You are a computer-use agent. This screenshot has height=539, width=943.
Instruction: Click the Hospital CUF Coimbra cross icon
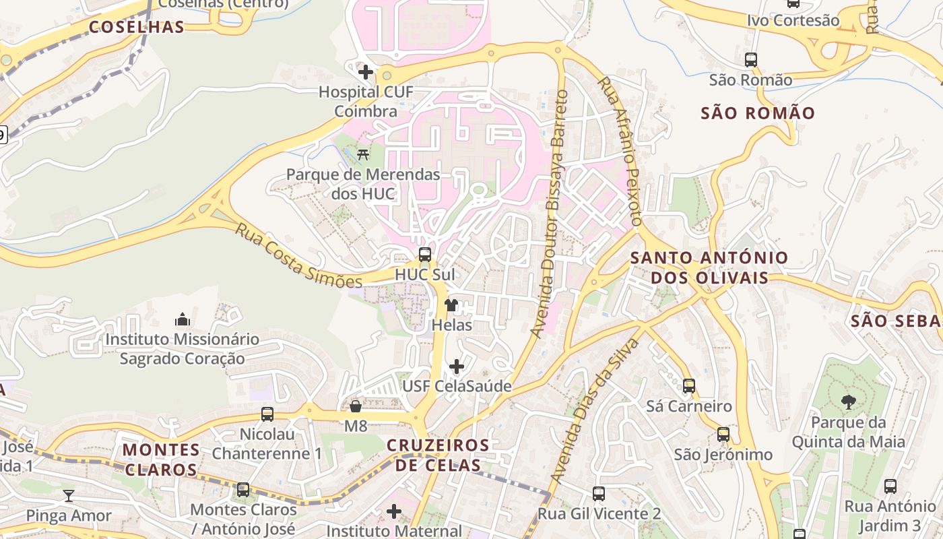tap(366, 71)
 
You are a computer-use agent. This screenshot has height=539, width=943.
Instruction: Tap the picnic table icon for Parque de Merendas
tap(363, 154)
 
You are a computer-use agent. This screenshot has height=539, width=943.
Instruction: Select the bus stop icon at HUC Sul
tap(424, 255)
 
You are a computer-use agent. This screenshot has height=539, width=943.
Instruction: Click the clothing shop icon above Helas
tap(451, 305)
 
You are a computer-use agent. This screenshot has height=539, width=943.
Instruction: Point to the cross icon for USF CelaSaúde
tap(457, 367)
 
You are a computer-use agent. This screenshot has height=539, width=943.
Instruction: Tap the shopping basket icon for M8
tap(356, 406)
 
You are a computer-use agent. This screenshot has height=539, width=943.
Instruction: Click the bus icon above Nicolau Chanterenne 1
tap(267, 414)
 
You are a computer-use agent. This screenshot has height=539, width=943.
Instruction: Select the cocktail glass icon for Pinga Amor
tap(69, 496)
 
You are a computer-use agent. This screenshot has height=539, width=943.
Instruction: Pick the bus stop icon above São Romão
tap(751, 60)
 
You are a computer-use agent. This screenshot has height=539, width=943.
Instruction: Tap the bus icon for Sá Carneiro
tap(689, 386)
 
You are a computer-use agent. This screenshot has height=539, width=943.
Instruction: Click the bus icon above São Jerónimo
tap(723, 435)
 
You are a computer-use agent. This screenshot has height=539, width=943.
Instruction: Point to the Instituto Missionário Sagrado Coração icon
tap(182, 319)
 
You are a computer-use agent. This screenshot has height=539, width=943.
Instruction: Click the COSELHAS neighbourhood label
tap(137, 27)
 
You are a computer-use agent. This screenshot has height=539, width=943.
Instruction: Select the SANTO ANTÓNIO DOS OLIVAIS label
tap(709, 267)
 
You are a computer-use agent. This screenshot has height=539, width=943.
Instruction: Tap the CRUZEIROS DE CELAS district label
tap(438, 455)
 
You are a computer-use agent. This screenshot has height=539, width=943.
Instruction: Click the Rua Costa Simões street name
tap(298, 257)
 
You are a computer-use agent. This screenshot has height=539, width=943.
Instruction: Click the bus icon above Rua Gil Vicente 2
tap(599, 494)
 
